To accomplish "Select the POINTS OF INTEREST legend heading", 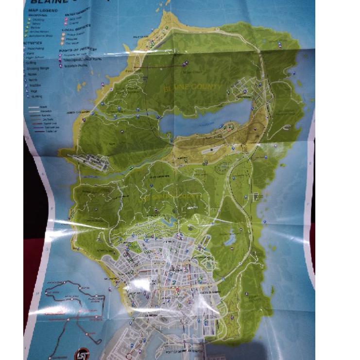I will click(78, 50).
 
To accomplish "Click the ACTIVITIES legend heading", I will click(33, 43).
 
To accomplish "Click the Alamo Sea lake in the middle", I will click(204, 119).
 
